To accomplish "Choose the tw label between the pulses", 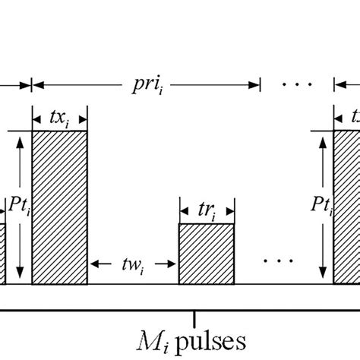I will [134, 266].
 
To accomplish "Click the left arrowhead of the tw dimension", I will [94, 264].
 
